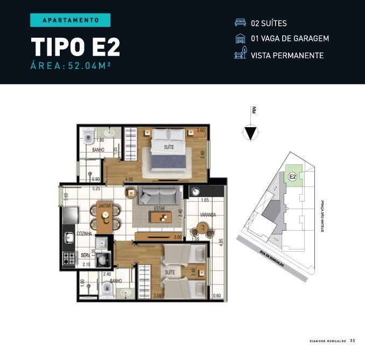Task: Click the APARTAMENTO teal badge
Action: (70, 20)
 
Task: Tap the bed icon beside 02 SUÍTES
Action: (240, 23)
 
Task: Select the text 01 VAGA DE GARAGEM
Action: (290, 39)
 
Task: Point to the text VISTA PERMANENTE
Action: (287, 55)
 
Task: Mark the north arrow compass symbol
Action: (250, 133)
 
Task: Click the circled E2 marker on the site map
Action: (292, 176)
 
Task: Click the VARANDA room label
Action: (208, 215)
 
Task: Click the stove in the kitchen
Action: (68, 259)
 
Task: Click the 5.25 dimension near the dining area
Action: (96, 189)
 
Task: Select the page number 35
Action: (352, 341)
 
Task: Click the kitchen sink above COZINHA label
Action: (69, 236)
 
